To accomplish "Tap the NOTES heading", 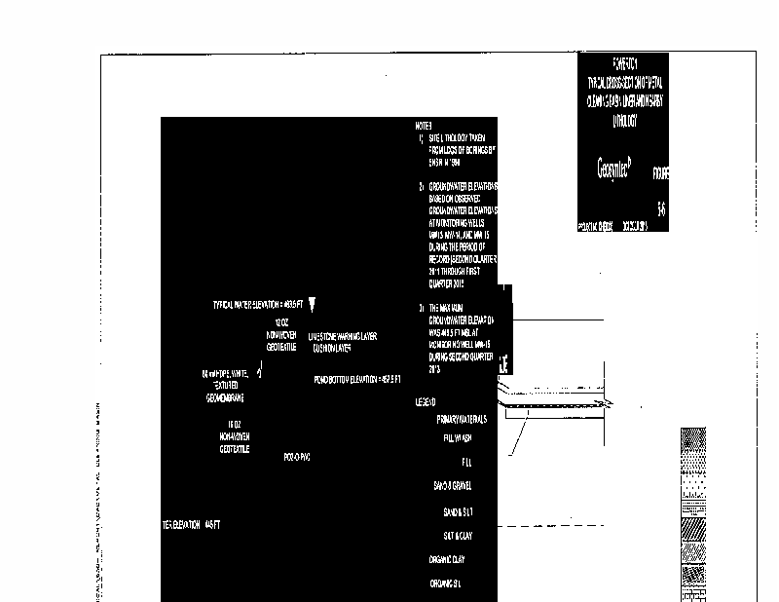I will [x=423, y=126].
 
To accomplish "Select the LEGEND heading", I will [x=426, y=402].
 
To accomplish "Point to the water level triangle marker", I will [x=313, y=305].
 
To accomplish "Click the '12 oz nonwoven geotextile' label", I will [x=281, y=331].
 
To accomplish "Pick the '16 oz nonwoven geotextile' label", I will [x=235, y=436].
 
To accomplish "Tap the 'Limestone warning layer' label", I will [x=342, y=341].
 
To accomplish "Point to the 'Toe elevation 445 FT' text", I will [x=193, y=525].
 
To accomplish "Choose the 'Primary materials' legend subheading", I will [x=462, y=419].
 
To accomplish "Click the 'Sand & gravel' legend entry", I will [x=453, y=485].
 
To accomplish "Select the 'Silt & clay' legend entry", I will [x=457, y=536].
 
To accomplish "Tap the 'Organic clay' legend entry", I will [x=447, y=560].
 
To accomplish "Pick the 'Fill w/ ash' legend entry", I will [x=457, y=438].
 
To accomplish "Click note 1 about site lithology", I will [x=461, y=151].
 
